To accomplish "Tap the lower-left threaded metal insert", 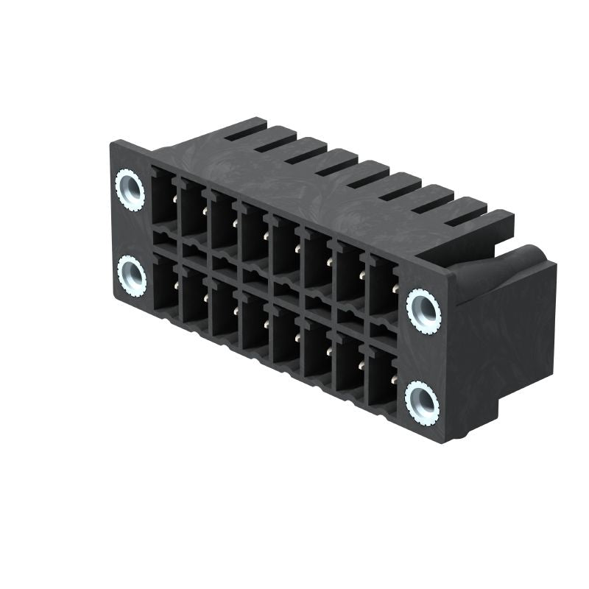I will [133, 276].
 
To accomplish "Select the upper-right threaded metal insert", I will [424, 310].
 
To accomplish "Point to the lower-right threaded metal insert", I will [422, 401].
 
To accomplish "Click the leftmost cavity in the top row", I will [164, 197].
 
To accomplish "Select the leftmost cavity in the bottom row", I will [165, 283].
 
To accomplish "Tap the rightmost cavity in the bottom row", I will [382, 378].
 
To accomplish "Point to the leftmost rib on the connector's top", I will [245, 129].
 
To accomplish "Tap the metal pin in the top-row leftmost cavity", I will [174, 197].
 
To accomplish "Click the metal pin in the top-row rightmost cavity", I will [395, 289].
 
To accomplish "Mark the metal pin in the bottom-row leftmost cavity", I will [175, 284].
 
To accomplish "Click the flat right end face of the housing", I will [508, 346].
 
